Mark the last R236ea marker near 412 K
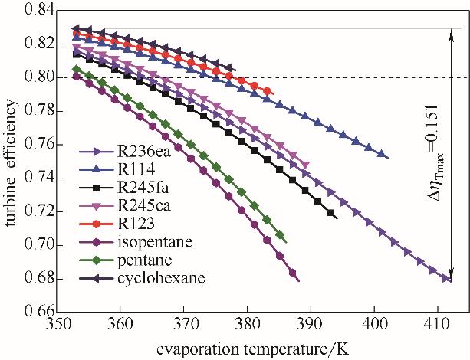click(446, 278)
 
